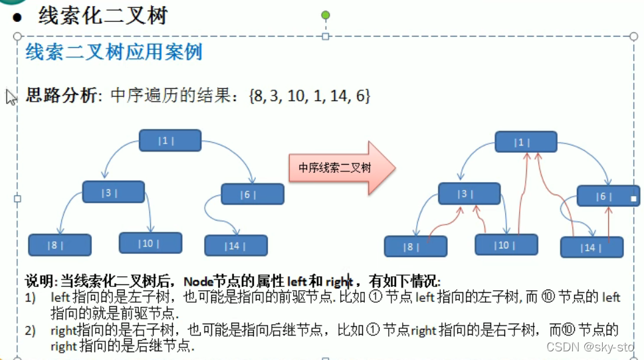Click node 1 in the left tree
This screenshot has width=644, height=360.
click(169, 140)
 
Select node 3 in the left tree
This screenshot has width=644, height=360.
click(113, 192)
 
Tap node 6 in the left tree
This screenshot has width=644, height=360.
click(253, 194)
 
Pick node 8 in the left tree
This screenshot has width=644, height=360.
click(59, 245)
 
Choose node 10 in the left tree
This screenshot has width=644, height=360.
click(150, 243)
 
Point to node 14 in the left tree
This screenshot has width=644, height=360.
click(236, 246)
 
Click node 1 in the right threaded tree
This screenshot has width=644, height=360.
click(526, 142)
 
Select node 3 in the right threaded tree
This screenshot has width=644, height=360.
click(469, 194)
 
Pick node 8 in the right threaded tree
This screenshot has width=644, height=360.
click(415, 246)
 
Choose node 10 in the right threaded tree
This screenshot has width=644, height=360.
click(506, 245)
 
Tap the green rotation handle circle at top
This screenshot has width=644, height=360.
click(325, 15)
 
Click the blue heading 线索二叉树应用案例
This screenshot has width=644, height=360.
click(114, 52)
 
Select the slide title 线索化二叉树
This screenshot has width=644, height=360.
click(103, 15)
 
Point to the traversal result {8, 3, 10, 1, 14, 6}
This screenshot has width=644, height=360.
click(308, 96)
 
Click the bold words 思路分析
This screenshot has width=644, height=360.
click(60, 96)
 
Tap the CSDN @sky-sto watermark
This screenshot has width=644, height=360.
click(589, 346)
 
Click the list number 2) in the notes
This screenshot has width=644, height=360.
click(31, 330)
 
